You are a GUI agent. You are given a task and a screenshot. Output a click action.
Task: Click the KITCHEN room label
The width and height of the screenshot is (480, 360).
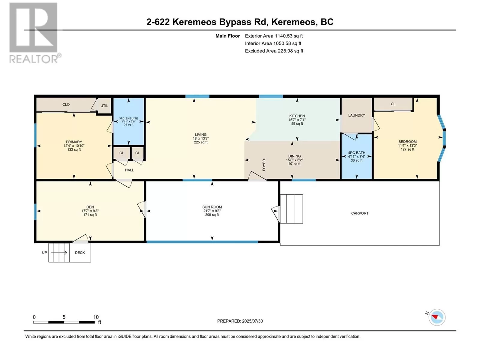pyautogui.click(x=297, y=116)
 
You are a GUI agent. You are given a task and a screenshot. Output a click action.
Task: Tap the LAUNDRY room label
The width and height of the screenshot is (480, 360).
pyautogui.click(x=356, y=115)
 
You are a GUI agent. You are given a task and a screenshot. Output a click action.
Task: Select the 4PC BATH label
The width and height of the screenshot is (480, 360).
pyautogui.click(x=356, y=153)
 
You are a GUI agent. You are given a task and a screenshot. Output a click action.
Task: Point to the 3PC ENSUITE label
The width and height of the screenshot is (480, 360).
pyautogui.click(x=129, y=118)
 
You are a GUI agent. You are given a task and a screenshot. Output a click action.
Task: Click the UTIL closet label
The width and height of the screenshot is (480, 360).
pyautogui.click(x=104, y=106)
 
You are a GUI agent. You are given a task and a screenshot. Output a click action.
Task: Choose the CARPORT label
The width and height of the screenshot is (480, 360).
pyautogui.click(x=360, y=213)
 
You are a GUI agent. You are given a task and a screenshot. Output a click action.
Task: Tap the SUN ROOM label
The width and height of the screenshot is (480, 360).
pyautogui.click(x=212, y=207)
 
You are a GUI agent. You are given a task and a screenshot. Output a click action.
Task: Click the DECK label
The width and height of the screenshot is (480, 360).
pyautogui.click(x=80, y=253)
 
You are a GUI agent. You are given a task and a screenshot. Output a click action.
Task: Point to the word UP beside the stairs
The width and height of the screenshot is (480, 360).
pyautogui.click(x=44, y=253)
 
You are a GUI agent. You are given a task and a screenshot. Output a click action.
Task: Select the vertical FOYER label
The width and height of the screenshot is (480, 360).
pyautogui.click(x=264, y=165)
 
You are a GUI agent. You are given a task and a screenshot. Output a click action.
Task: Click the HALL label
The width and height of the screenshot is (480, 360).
pyautogui.click(x=129, y=170)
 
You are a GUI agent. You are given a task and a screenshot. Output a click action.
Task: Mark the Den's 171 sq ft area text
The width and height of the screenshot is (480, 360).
pyautogui.click(x=90, y=214)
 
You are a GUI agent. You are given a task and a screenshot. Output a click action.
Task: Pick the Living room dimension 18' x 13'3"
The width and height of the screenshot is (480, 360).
pyautogui.click(x=200, y=138)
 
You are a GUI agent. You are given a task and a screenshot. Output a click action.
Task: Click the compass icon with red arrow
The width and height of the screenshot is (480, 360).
pyautogui.click(x=437, y=317)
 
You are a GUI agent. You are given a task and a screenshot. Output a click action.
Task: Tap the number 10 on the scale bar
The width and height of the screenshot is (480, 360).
pyautogui.click(x=96, y=317)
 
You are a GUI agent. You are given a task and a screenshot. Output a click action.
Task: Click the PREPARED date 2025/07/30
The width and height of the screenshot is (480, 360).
pyautogui.click(x=252, y=321)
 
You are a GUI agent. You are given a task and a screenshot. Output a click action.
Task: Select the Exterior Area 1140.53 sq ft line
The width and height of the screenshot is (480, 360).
pyautogui.click(x=274, y=36)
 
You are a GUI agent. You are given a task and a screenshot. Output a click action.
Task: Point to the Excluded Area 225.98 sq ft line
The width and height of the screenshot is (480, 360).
pyautogui.click(x=274, y=51)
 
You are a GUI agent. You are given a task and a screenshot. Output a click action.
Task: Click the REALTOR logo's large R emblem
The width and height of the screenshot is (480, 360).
pyautogui.click(x=33, y=27)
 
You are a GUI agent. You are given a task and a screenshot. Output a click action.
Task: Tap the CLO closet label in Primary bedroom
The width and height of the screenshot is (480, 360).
pyautogui.click(x=66, y=104)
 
